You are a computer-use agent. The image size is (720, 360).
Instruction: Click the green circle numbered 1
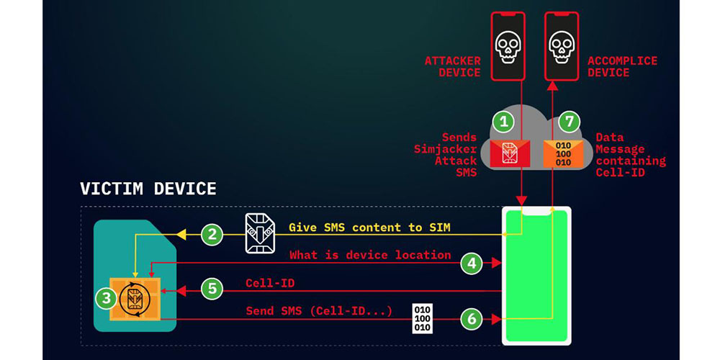[x=505, y=122]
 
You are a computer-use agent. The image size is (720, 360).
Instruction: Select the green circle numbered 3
[x=107, y=295]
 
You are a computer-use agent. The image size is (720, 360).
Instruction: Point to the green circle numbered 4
[x=471, y=264]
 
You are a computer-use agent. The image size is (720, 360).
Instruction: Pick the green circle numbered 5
[x=211, y=289]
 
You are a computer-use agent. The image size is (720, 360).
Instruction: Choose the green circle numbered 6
[x=471, y=318]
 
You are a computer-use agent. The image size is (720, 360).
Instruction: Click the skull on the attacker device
[x=508, y=47]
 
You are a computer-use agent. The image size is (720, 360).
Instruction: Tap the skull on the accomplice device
[x=562, y=47]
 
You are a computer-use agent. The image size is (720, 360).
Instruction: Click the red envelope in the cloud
[x=510, y=153]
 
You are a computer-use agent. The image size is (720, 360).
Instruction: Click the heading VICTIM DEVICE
[x=148, y=189]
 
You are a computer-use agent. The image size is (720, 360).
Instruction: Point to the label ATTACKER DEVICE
[x=453, y=66]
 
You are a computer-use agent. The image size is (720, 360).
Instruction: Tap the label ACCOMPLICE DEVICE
[x=622, y=66]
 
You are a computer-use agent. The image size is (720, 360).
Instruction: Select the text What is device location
[x=370, y=255]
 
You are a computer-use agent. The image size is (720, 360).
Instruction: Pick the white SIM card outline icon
[x=259, y=233]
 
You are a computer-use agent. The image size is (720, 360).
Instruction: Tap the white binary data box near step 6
[x=423, y=318]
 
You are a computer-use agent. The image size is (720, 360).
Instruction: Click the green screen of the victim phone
[x=536, y=288]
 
